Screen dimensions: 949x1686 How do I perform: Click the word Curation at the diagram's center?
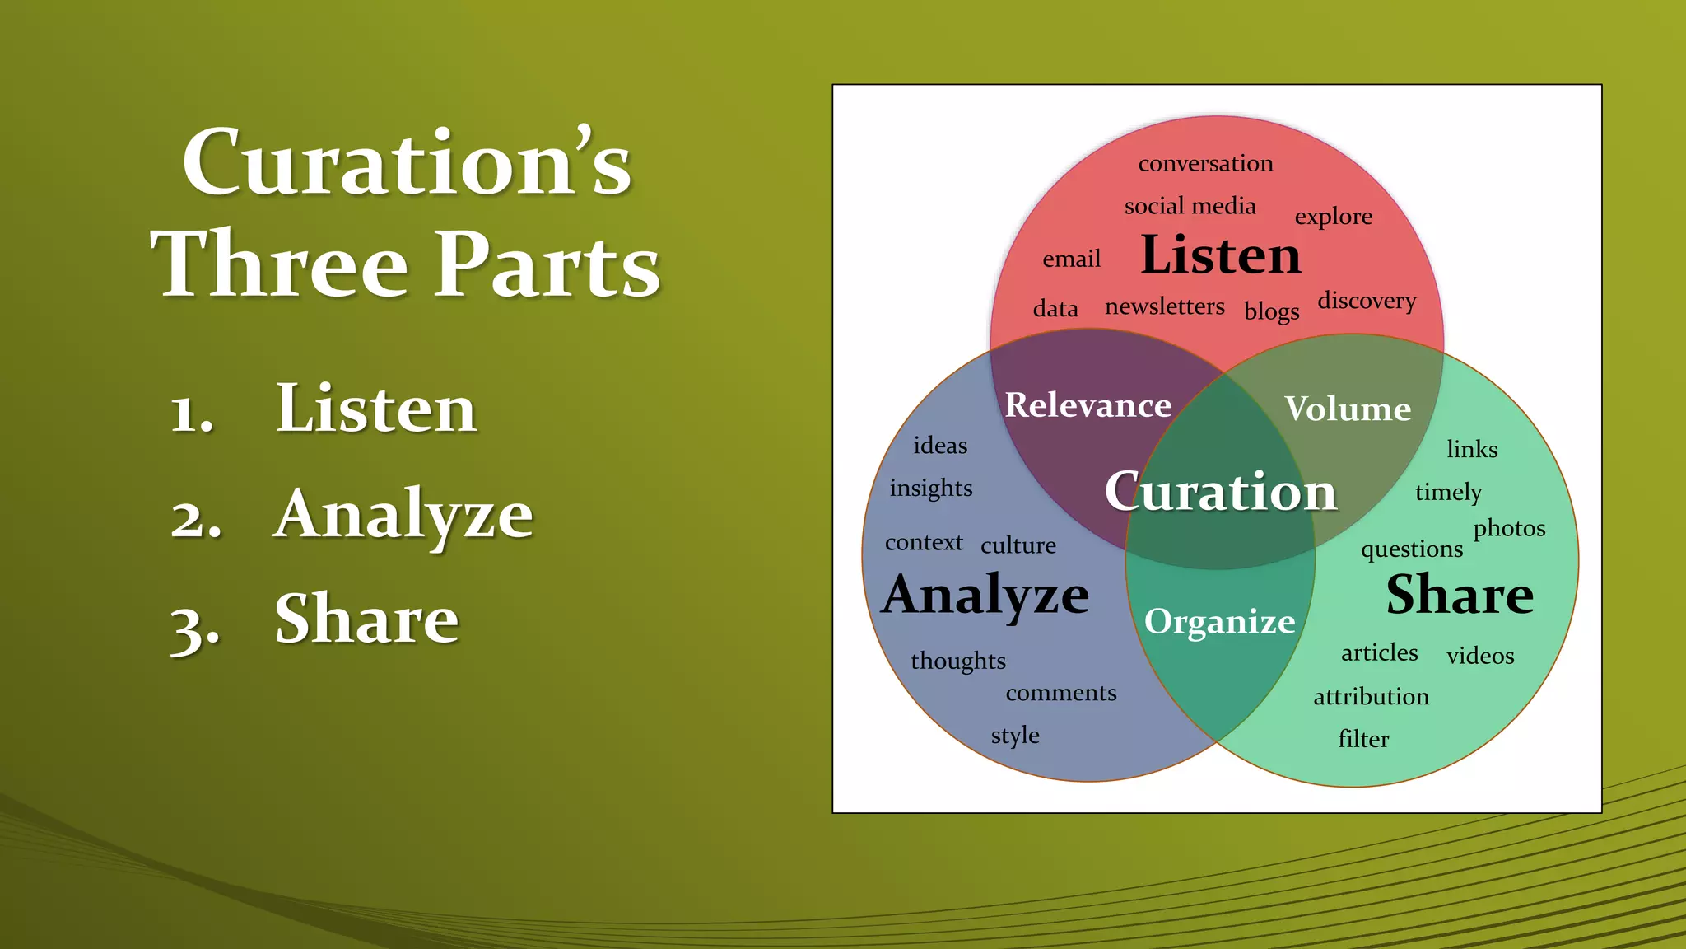coord(1220,492)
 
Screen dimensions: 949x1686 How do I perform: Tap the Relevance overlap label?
coord(1088,405)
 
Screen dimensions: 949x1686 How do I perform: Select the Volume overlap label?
coord(1348,409)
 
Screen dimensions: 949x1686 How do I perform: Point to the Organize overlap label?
coord(1219,622)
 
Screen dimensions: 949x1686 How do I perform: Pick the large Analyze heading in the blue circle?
coord(985,595)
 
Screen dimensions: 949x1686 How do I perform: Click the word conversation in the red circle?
coord(1205,163)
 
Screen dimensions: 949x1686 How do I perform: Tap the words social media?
coord(1190,206)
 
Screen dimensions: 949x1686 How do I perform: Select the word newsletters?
coord(1164,306)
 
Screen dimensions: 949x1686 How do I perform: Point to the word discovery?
coord(1367,301)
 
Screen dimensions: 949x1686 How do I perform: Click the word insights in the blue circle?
coord(930,489)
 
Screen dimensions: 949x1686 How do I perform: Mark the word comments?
coord(1060,693)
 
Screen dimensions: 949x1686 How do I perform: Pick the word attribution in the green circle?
coord(1371,697)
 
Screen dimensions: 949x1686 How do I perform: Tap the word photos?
coord(1509,529)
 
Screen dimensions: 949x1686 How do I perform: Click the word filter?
coord(1363,739)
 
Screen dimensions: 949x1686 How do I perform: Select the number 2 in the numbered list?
coord(195,519)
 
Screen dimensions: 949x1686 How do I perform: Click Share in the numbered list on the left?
coord(366,619)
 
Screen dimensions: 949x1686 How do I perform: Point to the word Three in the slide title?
coord(280,264)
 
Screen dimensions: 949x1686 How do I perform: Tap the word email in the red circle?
coord(1071,259)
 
